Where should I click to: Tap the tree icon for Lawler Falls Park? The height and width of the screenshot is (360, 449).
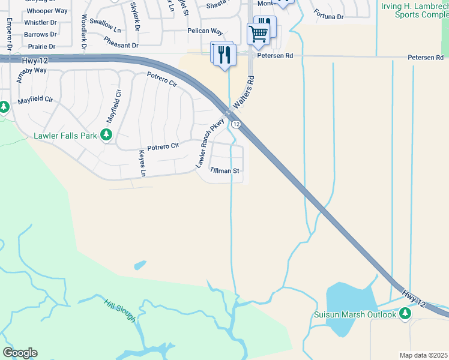click(x=107, y=134)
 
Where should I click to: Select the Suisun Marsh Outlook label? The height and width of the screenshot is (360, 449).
click(x=355, y=314)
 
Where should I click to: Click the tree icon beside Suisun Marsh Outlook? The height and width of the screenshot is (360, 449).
click(x=406, y=313)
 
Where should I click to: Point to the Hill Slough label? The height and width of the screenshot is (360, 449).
click(x=119, y=310)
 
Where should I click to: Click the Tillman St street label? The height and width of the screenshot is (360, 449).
click(x=225, y=170)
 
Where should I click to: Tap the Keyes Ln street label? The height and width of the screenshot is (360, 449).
click(x=143, y=163)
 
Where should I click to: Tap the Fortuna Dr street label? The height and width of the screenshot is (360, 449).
click(x=328, y=17)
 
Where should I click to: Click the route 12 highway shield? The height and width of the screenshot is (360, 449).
click(x=237, y=124)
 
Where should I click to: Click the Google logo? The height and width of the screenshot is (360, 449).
click(x=20, y=353)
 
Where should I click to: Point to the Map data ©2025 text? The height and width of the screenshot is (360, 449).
click(x=423, y=355)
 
